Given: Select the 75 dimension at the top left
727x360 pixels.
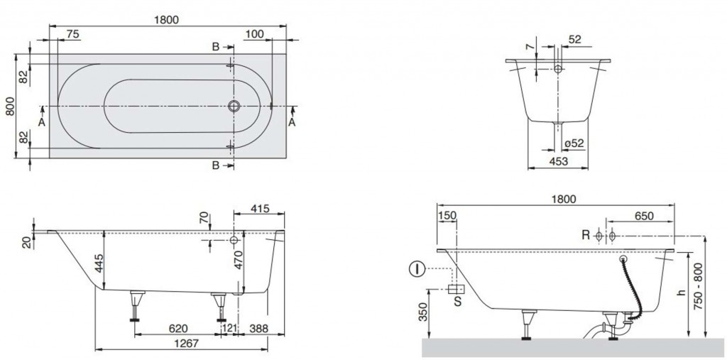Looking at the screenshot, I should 72,34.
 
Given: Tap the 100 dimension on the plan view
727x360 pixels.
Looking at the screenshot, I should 256,34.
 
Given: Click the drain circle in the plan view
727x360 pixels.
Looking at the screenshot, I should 234,107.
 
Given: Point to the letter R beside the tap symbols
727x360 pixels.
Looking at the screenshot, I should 586,236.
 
